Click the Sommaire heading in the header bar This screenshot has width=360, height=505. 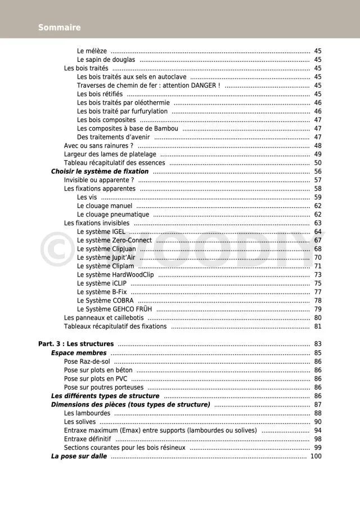59,28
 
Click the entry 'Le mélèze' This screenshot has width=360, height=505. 92,51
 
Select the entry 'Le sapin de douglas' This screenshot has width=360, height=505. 106,60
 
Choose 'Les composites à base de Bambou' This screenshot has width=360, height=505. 128,128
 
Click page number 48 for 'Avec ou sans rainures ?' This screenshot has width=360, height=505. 318,146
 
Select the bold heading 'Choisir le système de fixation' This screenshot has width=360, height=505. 100,172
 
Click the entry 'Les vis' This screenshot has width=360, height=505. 87,197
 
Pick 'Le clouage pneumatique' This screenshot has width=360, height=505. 113,214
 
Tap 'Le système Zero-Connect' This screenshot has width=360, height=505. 114,240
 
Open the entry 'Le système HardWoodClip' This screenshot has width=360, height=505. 115,274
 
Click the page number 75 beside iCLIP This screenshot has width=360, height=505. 318,283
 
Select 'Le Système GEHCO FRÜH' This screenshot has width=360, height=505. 115,309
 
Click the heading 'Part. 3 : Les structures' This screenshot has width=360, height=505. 76,344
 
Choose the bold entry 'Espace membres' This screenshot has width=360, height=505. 79,353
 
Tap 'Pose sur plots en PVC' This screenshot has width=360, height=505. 96,378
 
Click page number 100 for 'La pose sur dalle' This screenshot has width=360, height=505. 316,456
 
